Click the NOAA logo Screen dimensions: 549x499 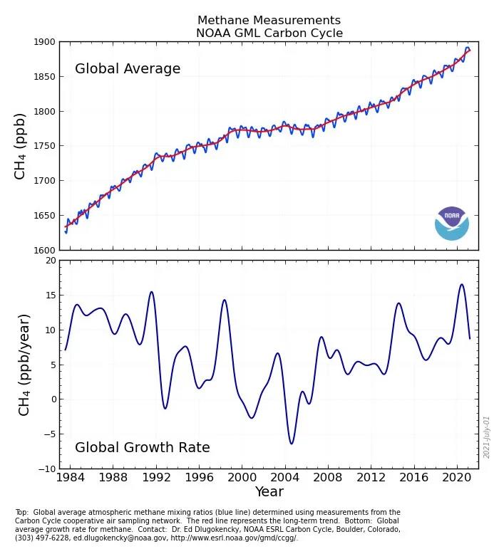pos(452,223)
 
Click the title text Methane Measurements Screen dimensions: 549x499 pos(269,21)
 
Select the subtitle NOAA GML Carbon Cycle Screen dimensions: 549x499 pos(269,33)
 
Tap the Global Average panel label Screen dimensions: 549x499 pos(128,69)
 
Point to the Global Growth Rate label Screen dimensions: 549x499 pos(143,448)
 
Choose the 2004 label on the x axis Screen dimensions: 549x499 pos(285,476)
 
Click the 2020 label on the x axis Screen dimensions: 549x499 pos(458,476)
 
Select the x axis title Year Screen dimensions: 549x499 pos(269,492)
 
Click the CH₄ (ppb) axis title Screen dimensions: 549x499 pos(21,146)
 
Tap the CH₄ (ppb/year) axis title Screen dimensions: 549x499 pos(24,365)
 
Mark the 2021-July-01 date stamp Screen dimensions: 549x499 pos(488,436)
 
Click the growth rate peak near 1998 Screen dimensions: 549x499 pos(225,300)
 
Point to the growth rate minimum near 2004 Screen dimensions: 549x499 pos(291,444)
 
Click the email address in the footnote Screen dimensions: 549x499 pos(133,529)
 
